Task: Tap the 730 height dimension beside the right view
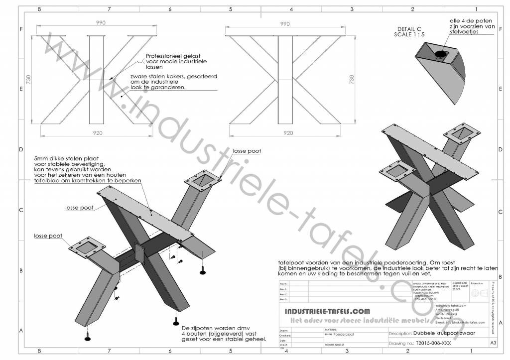[353, 80]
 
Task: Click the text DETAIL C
[409, 29]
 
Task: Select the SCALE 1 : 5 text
[410, 35]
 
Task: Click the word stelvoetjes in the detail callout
[464, 32]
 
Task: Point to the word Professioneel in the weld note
[164, 56]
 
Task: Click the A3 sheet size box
[493, 343]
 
